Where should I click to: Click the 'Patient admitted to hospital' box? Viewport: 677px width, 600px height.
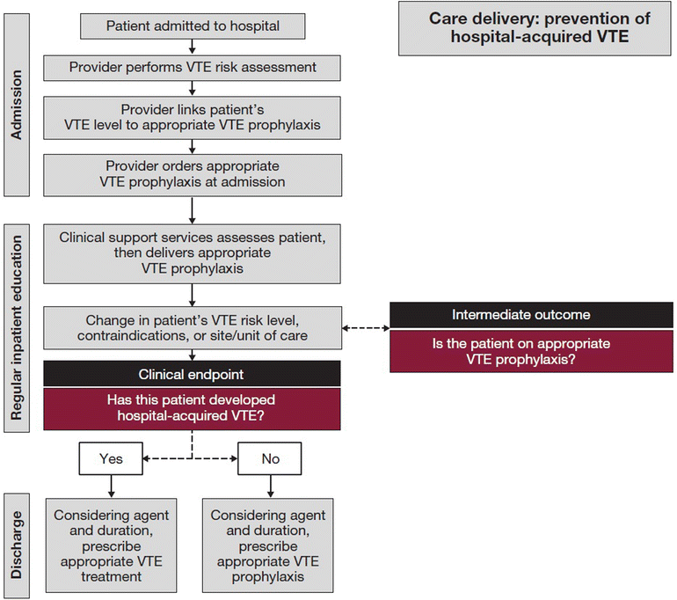[193, 26]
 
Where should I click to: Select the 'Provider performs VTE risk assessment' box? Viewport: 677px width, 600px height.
[193, 67]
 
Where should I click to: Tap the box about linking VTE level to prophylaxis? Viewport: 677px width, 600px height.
[193, 117]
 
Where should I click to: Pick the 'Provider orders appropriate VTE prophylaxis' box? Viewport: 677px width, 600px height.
[193, 174]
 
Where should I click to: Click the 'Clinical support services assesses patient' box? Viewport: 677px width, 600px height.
[193, 252]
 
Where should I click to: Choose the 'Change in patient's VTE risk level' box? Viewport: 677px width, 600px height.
[193, 328]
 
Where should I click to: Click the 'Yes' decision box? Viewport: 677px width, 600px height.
[112, 458]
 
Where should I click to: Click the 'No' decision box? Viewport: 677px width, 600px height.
[270, 458]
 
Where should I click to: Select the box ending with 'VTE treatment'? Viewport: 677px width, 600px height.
[112, 545]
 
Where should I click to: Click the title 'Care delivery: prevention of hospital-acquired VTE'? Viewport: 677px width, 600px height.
[540, 27]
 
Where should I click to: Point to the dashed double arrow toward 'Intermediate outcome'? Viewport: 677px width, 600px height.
[366, 328]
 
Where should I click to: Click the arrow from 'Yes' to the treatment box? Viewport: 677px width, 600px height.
[112, 486]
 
